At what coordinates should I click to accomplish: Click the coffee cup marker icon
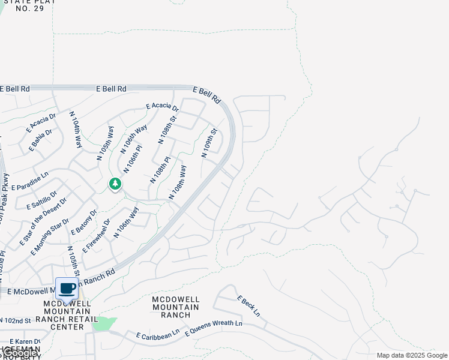pos(67,288)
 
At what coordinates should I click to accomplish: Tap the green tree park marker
pos(115,184)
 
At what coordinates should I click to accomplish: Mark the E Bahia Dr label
pos(40,139)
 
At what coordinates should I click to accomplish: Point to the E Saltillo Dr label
pos(42,199)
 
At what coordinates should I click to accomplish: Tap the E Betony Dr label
pos(84,223)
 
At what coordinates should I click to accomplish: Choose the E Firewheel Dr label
pos(97,236)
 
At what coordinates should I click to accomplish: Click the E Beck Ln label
pos(249,306)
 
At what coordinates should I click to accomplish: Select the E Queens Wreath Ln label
pos(214,328)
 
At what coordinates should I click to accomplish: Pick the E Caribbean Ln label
pos(158,334)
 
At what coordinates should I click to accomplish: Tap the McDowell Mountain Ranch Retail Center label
pos(67,315)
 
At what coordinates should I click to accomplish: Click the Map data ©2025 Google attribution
pos(412,355)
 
